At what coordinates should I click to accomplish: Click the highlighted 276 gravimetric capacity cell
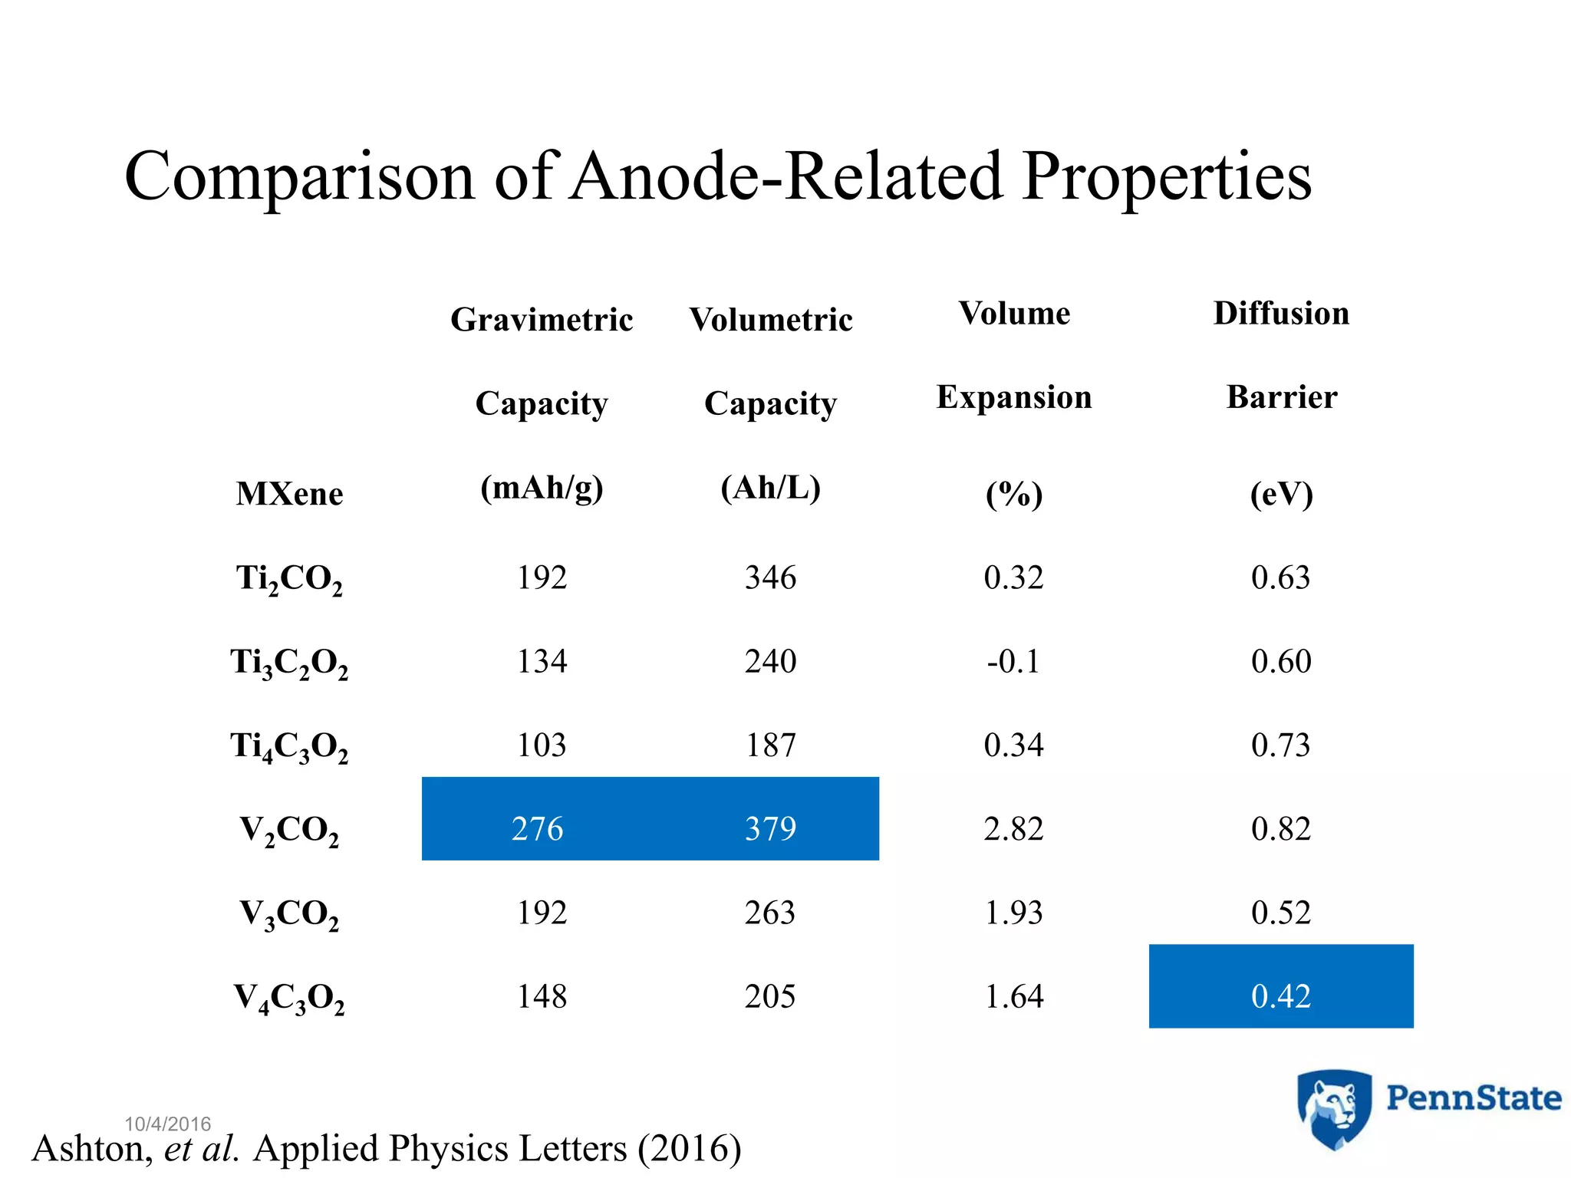tap(537, 829)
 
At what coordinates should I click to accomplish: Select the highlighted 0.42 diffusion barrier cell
tap(1280, 996)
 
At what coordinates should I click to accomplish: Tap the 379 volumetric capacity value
tap(770, 829)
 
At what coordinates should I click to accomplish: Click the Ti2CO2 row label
tap(289, 578)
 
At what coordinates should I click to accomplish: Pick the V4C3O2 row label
tap(289, 998)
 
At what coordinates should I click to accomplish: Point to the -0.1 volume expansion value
tap(1013, 661)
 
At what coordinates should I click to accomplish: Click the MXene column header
tap(289, 493)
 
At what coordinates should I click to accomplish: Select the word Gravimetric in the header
tap(542, 320)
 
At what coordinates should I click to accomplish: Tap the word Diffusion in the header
tap(1281, 314)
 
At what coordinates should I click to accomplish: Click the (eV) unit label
tap(1281, 494)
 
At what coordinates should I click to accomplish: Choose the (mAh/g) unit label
tap(542, 488)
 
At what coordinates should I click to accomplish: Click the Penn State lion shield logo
tap(1334, 1109)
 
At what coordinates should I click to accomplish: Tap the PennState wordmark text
tap(1473, 1098)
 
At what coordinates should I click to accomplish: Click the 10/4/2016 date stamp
tap(167, 1124)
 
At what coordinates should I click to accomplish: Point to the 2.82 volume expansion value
tap(1013, 829)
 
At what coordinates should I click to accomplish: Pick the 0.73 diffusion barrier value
tap(1280, 745)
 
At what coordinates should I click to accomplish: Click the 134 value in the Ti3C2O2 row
tap(542, 661)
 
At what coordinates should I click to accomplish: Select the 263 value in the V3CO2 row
tap(770, 913)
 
